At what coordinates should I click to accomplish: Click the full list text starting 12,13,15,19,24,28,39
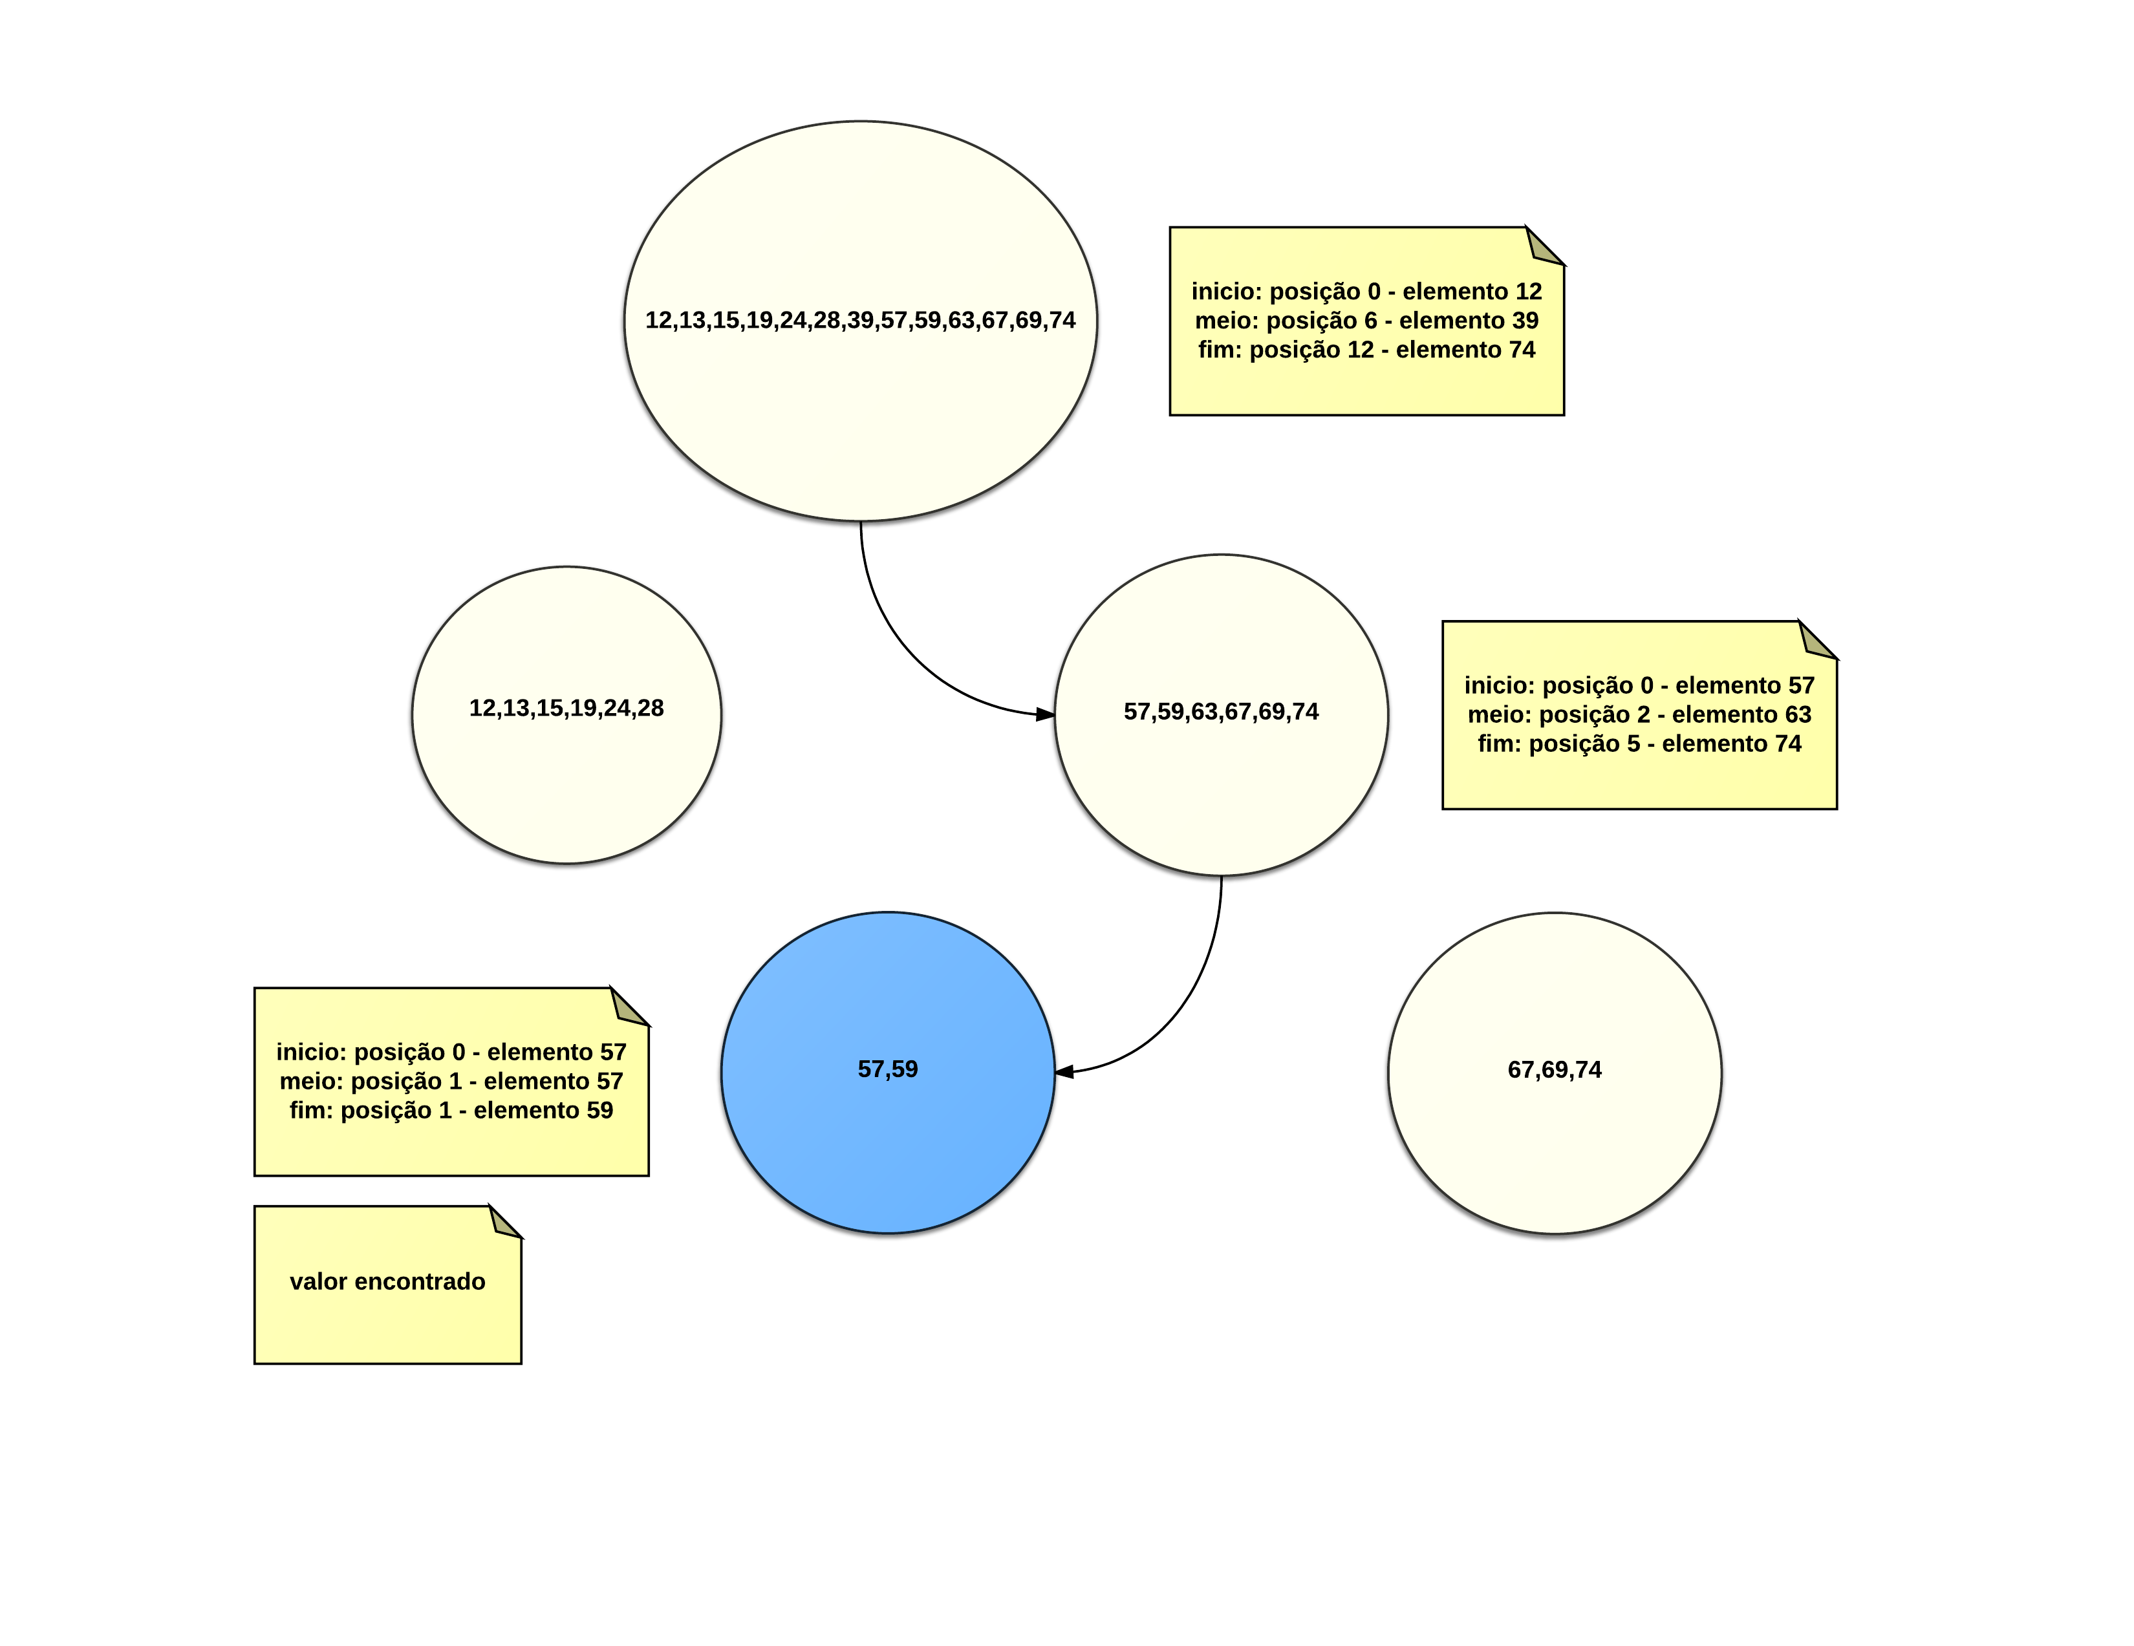[860, 321]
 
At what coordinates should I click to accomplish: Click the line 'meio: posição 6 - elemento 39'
[1366, 321]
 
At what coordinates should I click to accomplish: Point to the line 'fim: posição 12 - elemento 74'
[1366, 350]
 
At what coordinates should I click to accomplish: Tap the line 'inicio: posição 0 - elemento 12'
[1366, 291]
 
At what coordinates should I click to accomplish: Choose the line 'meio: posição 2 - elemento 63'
[1639, 714]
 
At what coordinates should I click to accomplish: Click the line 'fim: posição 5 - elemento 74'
[1639, 743]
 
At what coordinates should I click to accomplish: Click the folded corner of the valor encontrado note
[505, 1222]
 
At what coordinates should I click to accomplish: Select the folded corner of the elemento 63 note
[1816, 641]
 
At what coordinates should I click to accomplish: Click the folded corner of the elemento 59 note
[629, 1007]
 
